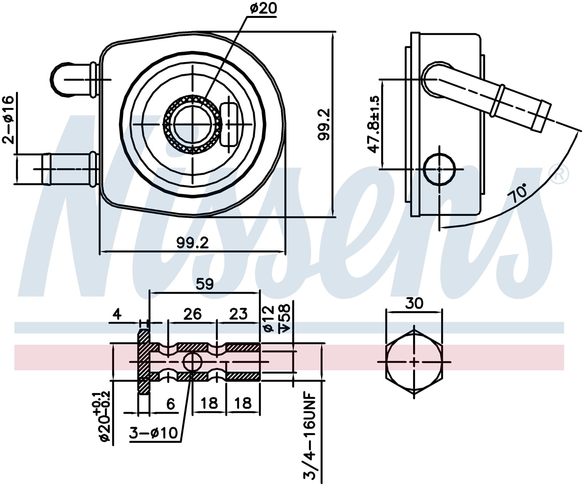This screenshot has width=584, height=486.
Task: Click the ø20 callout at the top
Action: click(x=263, y=8)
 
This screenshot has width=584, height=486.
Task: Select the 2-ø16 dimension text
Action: click(x=8, y=119)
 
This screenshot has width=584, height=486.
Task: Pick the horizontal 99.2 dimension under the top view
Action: click(x=192, y=243)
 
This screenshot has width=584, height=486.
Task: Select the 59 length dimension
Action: click(x=205, y=284)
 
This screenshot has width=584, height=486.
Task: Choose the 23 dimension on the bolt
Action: click(x=238, y=314)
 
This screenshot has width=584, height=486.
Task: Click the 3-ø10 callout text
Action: click(x=153, y=433)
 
